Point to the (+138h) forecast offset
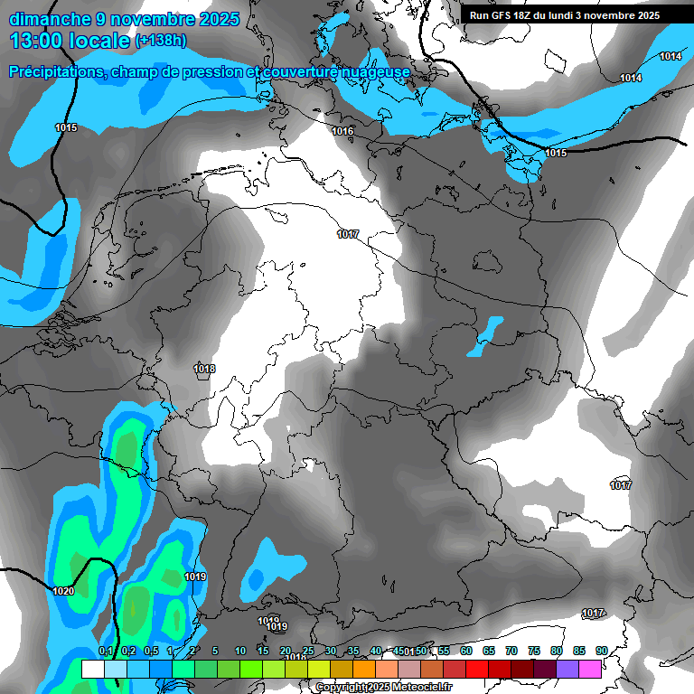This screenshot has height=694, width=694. click(x=161, y=41)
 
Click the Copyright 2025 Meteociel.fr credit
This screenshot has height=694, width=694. click(x=383, y=687)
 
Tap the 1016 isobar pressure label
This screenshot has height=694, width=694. click(x=342, y=132)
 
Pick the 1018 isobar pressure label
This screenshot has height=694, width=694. click(x=204, y=369)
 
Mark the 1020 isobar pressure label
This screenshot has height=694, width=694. click(x=63, y=591)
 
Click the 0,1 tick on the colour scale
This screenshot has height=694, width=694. click(x=105, y=651)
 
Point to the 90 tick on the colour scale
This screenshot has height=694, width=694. click(x=602, y=651)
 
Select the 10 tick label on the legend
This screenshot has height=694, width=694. click(x=240, y=651)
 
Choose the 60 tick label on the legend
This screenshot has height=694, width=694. click(x=466, y=651)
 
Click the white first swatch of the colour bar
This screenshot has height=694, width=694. click(x=92, y=669)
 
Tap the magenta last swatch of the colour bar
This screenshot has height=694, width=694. click(x=590, y=669)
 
